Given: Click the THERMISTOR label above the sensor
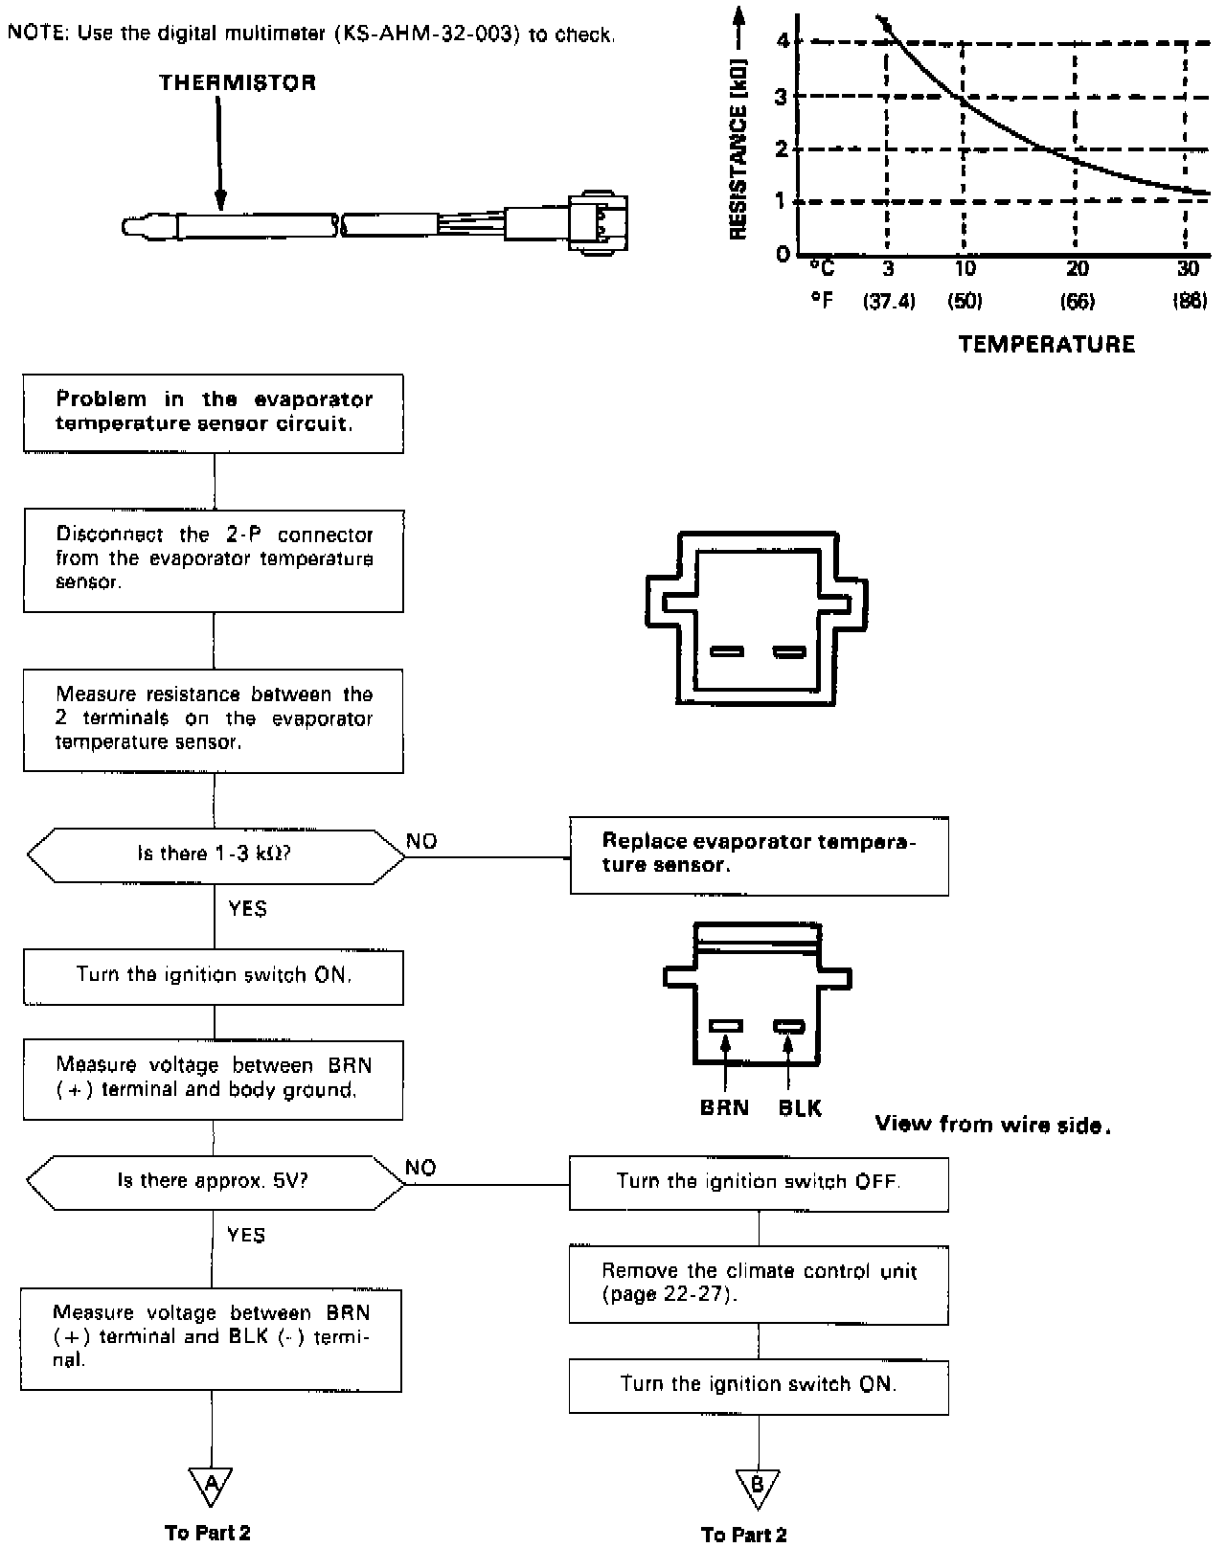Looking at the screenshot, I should click(238, 82).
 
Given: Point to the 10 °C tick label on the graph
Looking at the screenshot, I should click(965, 268).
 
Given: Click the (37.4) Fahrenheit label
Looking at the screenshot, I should click(889, 301).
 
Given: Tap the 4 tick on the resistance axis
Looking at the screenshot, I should click(783, 40).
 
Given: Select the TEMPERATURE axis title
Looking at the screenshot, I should click(1046, 344).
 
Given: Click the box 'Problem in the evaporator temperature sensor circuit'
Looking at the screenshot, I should click(214, 413).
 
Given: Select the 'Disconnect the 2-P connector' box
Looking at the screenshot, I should click(214, 558).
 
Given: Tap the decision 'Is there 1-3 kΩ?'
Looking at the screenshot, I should click(215, 854).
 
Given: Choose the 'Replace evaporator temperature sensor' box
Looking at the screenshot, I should click(759, 854).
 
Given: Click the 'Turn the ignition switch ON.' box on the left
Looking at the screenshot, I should click(214, 976).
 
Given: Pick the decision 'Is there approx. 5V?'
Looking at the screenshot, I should click(214, 1181).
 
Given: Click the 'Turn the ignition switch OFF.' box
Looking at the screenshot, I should click(759, 1183).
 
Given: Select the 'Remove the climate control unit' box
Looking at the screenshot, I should click(759, 1284).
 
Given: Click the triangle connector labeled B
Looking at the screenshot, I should click(758, 1486).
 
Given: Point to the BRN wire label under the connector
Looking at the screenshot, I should click(724, 1108).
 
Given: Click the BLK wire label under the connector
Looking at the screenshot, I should click(800, 1108).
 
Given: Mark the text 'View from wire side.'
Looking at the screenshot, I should click(992, 1126).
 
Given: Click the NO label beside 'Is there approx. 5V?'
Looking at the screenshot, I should click(420, 1167).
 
